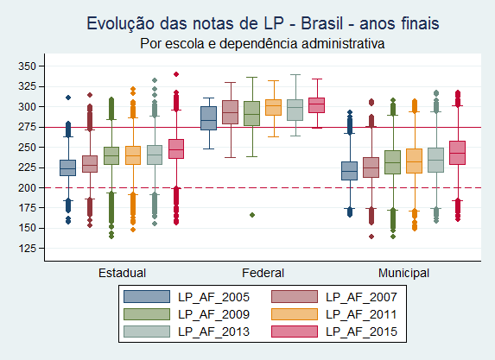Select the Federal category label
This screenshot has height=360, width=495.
(x=263, y=273)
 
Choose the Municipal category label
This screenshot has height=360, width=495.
(x=403, y=273)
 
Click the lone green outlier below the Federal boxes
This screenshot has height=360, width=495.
(x=252, y=215)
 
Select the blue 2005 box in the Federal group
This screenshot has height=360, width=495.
(x=208, y=118)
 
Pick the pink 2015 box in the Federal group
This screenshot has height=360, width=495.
(x=316, y=105)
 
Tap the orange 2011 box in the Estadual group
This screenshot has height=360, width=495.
(x=133, y=155)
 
